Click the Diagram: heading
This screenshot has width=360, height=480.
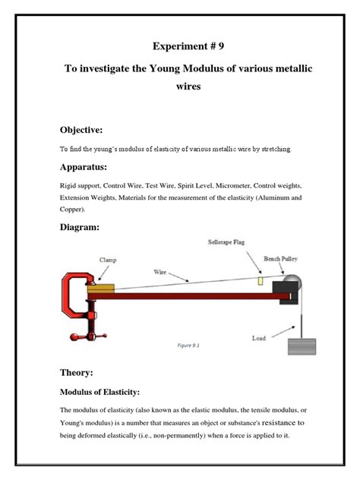[x=82, y=226]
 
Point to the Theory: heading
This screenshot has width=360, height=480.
[x=78, y=373]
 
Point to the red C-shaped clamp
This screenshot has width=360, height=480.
[x=74, y=303]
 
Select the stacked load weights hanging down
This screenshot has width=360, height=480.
[x=303, y=345]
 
